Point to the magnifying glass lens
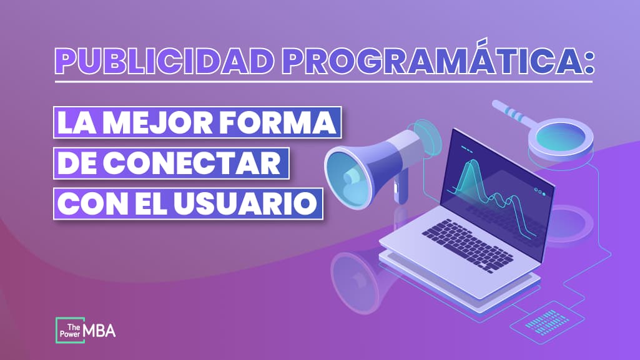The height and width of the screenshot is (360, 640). pyautogui.click(x=565, y=134)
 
